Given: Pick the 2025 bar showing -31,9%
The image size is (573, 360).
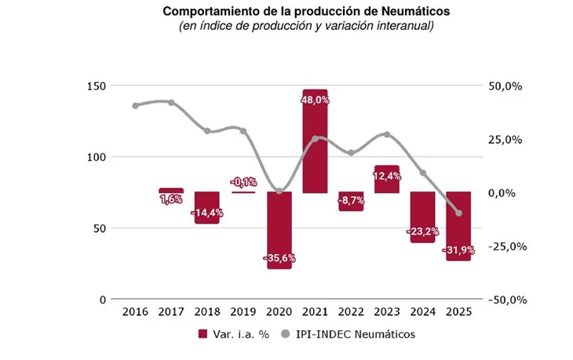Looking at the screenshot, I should (x=458, y=227).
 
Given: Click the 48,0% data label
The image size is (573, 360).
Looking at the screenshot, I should (x=315, y=100).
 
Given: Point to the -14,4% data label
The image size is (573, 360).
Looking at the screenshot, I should (x=206, y=213).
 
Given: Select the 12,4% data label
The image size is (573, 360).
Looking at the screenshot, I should (x=387, y=176).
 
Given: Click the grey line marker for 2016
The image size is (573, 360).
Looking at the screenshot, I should (x=135, y=105).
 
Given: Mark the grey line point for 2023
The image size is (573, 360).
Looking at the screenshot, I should (x=387, y=135).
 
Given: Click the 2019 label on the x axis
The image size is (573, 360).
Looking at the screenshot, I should (x=243, y=312).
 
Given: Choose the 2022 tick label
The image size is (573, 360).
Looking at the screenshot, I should (x=351, y=312).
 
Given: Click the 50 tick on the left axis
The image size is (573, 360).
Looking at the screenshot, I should (x=101, y=228).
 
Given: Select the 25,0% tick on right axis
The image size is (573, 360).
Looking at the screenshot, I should (x=507, y=140).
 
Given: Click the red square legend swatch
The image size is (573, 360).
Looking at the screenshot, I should (x=205, y=334).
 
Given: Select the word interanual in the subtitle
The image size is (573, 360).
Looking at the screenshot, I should (x=406, y=26).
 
